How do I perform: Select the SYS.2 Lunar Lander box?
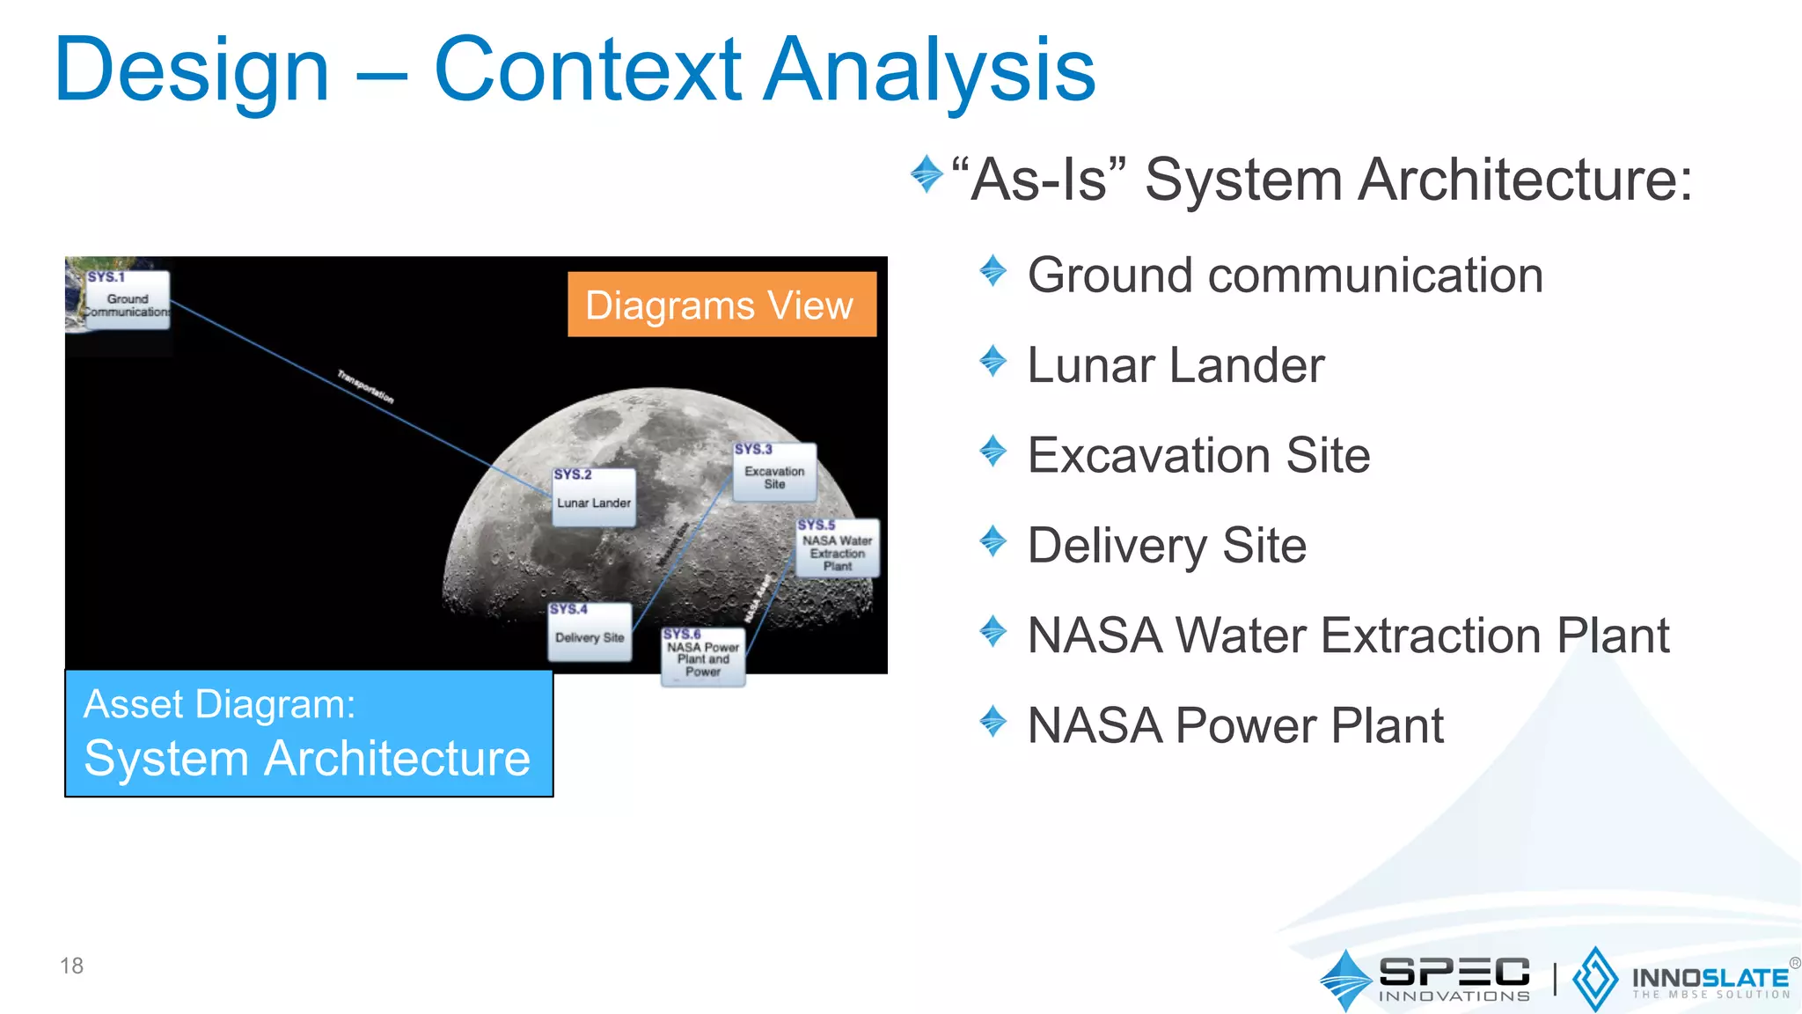[594, 498]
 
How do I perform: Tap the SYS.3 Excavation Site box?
[774, 473]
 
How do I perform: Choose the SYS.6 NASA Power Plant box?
[703, 657]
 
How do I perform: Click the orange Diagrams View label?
[722, 305]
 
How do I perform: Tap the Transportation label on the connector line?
[366, 386]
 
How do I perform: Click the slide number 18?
[71, 966]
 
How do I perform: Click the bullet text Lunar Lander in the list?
[1176, 365]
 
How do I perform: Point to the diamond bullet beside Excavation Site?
[993, 452]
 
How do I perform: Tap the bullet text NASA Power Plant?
[1235, 726]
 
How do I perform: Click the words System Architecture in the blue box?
[307, 759]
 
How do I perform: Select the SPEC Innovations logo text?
[1454, 978]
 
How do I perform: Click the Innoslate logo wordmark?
[1710, 979]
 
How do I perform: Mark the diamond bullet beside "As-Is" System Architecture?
[927, 173]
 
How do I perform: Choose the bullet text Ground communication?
[1285, 276]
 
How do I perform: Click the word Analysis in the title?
[929, 70]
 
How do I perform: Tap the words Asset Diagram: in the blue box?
[219, 704]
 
